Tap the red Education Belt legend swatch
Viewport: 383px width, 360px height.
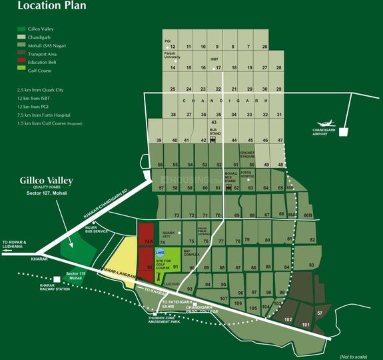[x=21, y=61]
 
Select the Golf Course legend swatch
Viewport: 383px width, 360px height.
[x=21, y=70]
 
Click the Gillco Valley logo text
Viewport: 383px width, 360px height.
[x=46, y=181]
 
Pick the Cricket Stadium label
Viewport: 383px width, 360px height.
[x=251, y=155]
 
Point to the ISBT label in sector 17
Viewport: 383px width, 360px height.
[x=214, y=59]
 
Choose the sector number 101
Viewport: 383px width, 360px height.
[x=306, y=325]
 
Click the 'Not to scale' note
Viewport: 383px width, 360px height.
[x=354, y=355]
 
